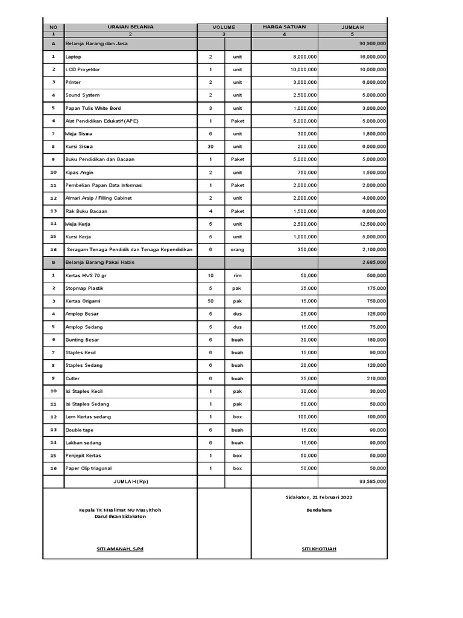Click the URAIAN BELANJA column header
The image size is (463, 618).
[130, 27]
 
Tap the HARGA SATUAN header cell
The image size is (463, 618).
[284, 27]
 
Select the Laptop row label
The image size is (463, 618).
[73, 57]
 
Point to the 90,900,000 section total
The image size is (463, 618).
[373, 44]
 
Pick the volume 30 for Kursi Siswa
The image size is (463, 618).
[211, 147]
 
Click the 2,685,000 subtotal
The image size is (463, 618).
[374, 263]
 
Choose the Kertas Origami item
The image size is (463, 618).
[83, 301]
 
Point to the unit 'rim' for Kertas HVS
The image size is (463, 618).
[238, 275]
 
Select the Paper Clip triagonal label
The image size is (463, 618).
[89, 468]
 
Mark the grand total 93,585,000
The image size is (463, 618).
[373, 482]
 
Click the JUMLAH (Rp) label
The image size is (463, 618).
[130, 482]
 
